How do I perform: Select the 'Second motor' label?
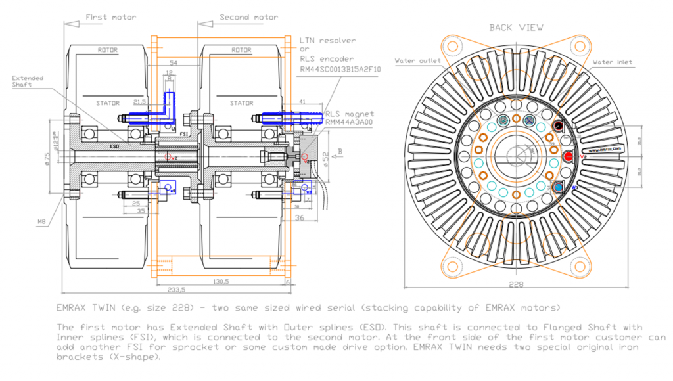point(248,17)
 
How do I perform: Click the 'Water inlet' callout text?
point(613,62)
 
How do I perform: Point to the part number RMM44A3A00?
point(351,122)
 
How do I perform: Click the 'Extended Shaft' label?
point(28,82)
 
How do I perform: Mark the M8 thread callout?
point(41,223)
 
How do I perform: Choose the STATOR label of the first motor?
point(108,103)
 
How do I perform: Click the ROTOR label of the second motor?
point(242,49)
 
